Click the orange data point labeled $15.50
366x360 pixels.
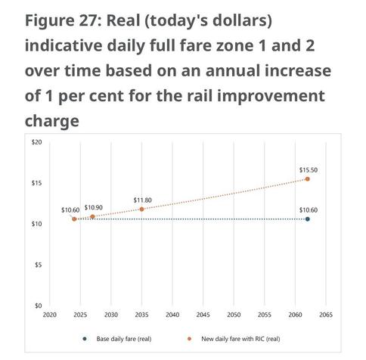point(307,179)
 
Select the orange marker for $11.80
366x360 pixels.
point(141,209)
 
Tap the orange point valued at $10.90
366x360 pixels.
point(92,216)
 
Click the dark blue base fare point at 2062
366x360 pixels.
point(307,219)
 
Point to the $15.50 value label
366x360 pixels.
point(309,170)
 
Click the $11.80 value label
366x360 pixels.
point(142,200)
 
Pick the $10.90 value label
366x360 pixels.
point(93,207)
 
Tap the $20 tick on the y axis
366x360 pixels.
point(36,142)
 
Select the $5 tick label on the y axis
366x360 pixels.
point(38,265)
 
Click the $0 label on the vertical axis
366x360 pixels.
point(38,306)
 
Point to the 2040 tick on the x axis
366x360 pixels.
point(172,315)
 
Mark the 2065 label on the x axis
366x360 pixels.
point(326,315)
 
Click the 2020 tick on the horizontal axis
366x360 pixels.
point(50,315)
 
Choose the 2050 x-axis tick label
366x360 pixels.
point(234,315)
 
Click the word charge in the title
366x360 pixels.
point(52,121)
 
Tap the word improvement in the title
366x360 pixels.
point(271,96)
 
